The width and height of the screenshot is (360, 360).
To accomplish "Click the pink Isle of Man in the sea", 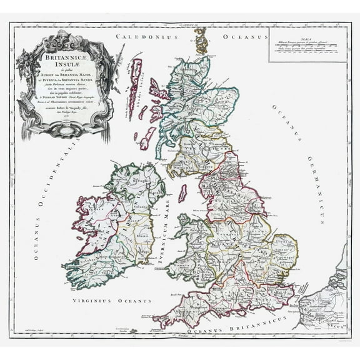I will click(x=182, y=192).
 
